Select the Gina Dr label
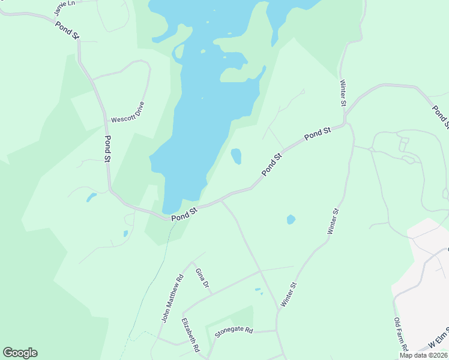pyautogui.click(x=202, y=277)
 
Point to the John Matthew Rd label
pyautogui.click(x=172, y=299)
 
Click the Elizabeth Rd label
pyautogui.click(x=190, y=334)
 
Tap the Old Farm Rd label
pyautogui.click(x=402, y=335)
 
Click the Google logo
pyautogui.click(x=20, y=353)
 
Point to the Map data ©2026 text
pyautogui.click(x=423, y=355)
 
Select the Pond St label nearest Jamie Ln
pyautogui.click(x=68, y=31)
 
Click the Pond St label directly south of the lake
pyautogui.click(x=184, y=214)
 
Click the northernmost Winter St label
pyautogui.click(x=343, y=93)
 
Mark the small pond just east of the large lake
pyautogui.click(x=237, y=156)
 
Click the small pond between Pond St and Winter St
pyautogui.click(x=291, y=220)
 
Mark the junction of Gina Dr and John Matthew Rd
pyautogui.click(x=192, y=262)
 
